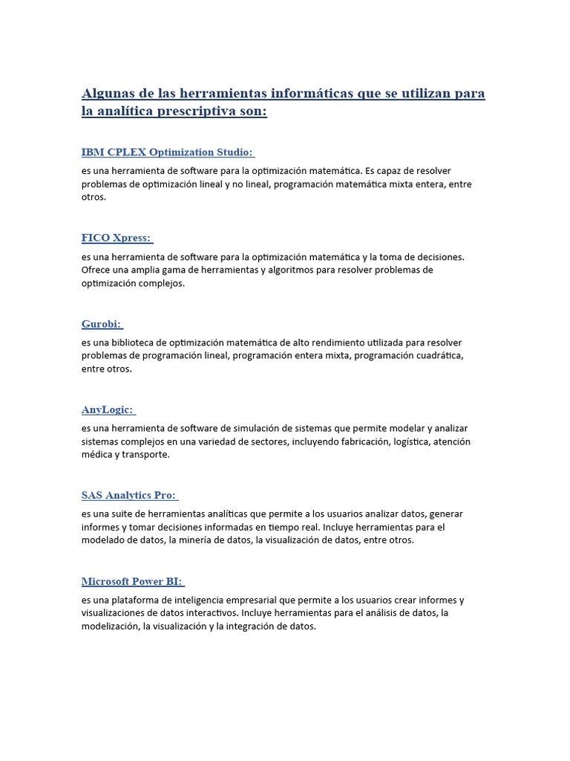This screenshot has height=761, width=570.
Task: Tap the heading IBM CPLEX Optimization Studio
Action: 167,152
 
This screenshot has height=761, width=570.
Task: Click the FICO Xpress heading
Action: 116,238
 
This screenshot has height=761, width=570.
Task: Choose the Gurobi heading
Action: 101,324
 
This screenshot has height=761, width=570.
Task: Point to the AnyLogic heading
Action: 107,409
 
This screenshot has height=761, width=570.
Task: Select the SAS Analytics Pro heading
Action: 128,495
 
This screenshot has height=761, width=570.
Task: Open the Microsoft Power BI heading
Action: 131,581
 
